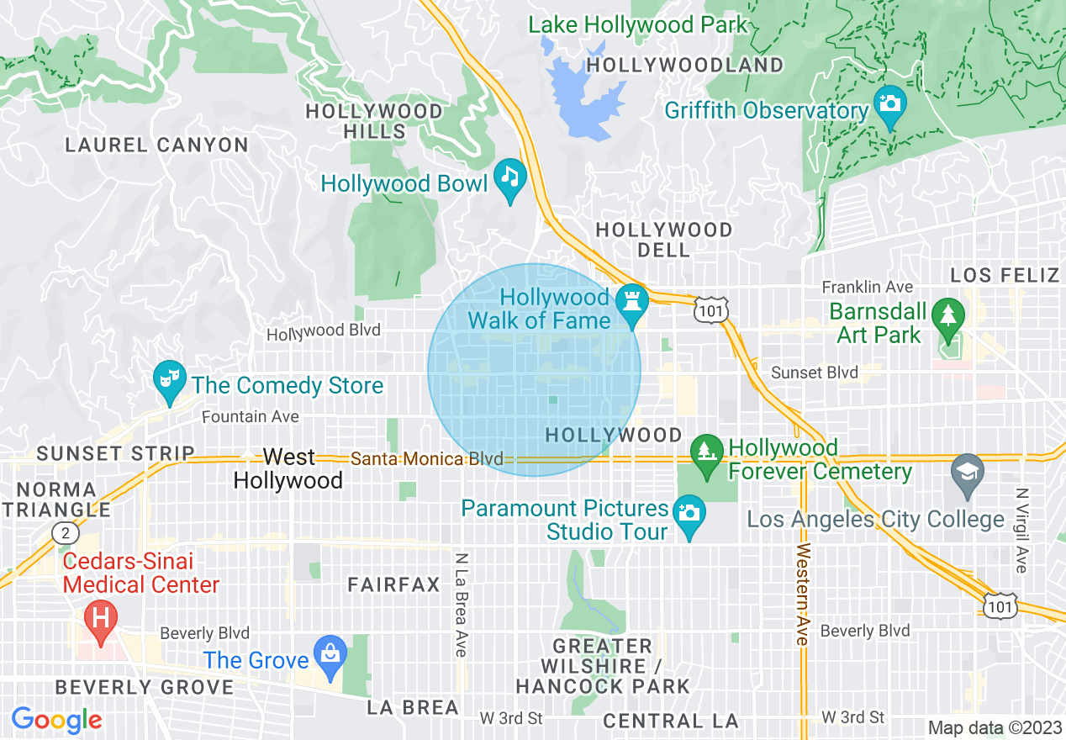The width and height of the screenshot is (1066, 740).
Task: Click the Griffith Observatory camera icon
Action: [x=889, y=105]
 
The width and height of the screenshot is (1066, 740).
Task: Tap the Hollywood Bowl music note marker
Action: [x=509, y=177]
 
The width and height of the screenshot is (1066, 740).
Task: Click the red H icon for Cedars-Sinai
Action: [x=101, y=619]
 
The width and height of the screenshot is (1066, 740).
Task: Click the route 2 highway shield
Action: [x=65, y=532]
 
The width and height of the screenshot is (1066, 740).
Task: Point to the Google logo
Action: [x=56, y=720]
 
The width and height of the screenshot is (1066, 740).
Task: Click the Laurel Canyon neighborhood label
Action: [x=156, y=145]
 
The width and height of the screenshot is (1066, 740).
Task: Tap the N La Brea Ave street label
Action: [x=461, y=604]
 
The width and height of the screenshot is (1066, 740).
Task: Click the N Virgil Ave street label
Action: [x=1021, y=530]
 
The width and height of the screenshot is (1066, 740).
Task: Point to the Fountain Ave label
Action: [x=251, y=416]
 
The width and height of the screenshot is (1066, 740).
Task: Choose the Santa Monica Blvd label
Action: [x=426, y=459]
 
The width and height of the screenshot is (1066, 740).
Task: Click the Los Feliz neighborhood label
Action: [x=1004, y=275]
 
